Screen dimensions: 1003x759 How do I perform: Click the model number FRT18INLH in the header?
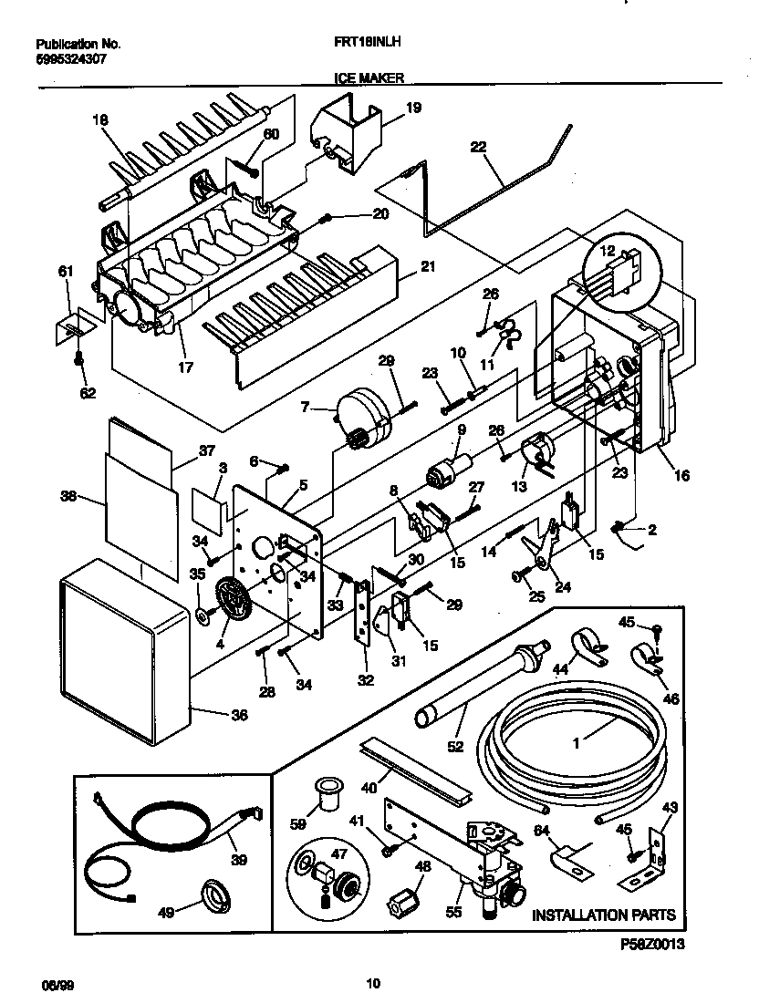click(x=369, y=43)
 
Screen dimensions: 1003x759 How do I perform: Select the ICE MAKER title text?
click(x=369, y=79)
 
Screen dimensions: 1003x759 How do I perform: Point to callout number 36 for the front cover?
click(x=239, y=716)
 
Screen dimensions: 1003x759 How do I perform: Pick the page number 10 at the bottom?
click(x=372, y=983)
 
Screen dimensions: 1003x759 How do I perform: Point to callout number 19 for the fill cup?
click(x=413, y=108)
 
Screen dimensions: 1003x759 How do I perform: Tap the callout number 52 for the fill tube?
click(x=455, y=746)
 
